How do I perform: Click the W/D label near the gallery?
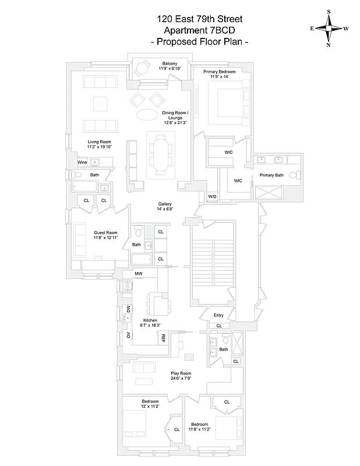[x=212, y=197]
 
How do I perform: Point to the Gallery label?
[x=165, y=204]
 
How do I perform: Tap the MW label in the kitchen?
[x=139, y=273]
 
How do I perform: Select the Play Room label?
[x=181, y=373]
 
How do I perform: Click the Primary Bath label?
[x=271, y=175]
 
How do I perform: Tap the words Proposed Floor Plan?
[x=200, y=42]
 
